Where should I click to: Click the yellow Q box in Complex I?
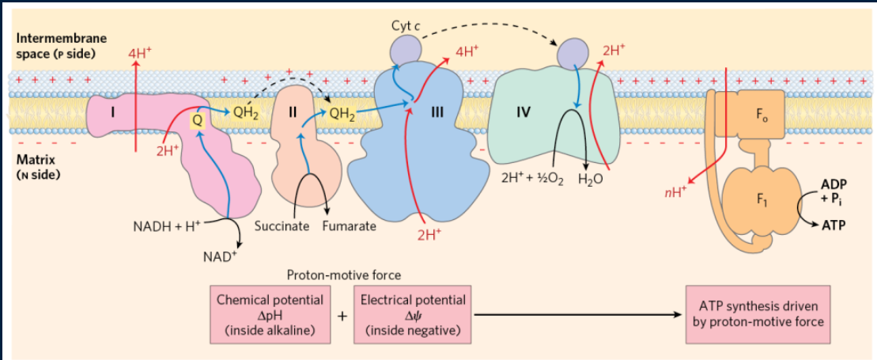(198, 120)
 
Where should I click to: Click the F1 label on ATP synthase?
(762, 198)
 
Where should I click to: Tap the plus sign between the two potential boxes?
(342, 316)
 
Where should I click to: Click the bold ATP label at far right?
(832, 224)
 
